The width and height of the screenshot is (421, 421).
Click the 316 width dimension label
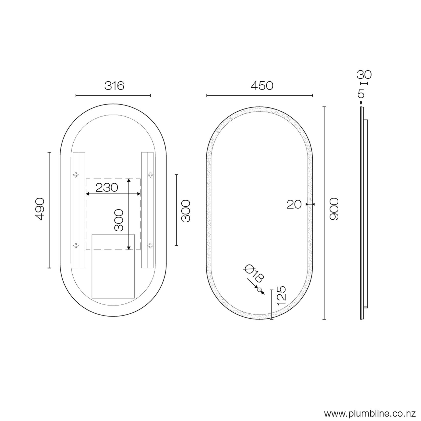(x=114, y=86)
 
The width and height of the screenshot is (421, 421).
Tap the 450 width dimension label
(x=262, y=86)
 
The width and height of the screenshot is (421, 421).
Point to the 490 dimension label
(x=40, y=209)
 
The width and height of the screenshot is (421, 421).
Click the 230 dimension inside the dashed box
(x=107, y=187)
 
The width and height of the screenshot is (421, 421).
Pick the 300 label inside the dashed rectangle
(x=119, y=220)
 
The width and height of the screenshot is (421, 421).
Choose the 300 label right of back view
(x=186, y=211)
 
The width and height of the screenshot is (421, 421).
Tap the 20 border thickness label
(x=294, y=204)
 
